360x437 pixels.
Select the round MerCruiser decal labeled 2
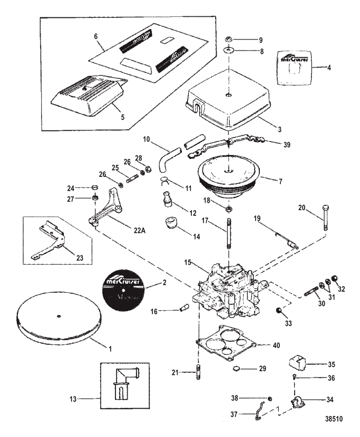pyautogui.click(x=122, y=287)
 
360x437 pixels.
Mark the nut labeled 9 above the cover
pyautogui.click(x=230, y=40)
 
